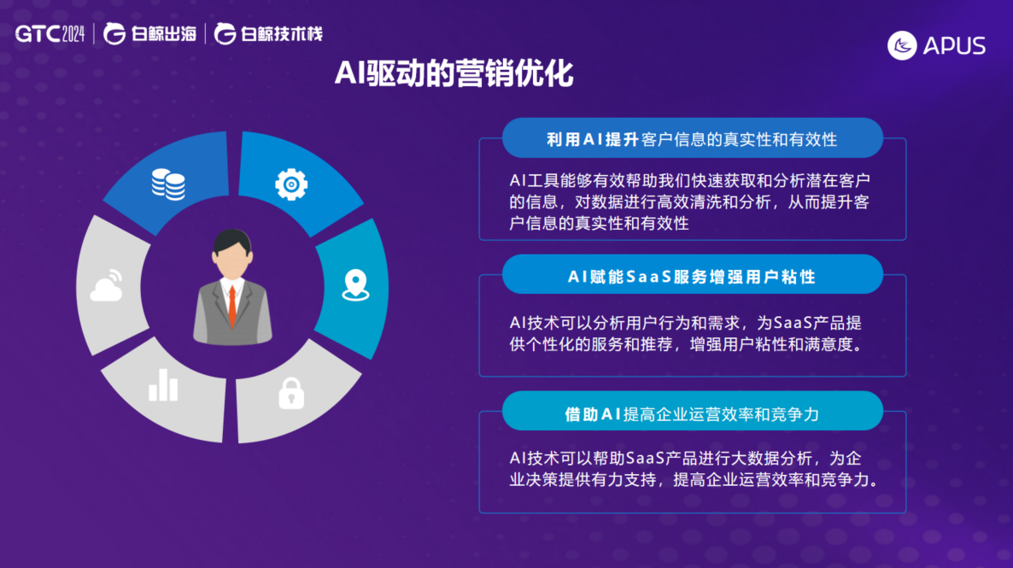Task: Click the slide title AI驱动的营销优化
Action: pos(454,73)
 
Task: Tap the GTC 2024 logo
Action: pos(50,34)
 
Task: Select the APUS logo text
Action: pos(954,46)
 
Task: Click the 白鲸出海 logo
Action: pos(149,34)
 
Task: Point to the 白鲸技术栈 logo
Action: pos(268,34)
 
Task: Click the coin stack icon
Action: pos(168,184)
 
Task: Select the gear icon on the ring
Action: pos(291,183)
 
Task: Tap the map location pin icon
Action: pos(355,284)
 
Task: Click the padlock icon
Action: pos(291,393)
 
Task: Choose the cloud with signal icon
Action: pos(108,287)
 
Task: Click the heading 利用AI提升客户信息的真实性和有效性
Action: pos(692,139)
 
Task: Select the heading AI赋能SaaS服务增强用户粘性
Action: pos(692,277)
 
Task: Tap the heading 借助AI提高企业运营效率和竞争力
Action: pos(692,414)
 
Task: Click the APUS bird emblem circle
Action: pos(902,46)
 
